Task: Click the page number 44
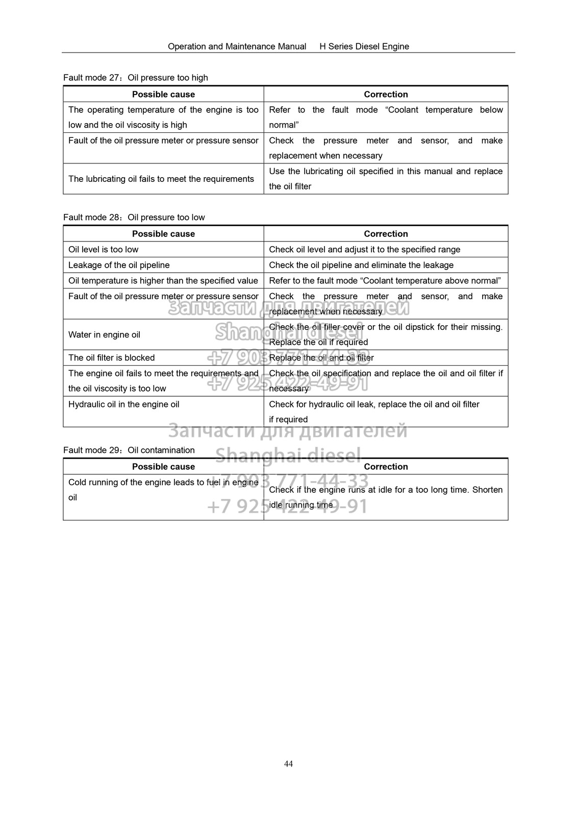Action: (x=288, y=764)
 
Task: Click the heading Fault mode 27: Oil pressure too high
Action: (x=136, y=78)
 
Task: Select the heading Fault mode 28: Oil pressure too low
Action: (x=134, y=218)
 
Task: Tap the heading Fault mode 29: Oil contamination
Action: (x=129, y=450)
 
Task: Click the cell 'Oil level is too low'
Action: (x=104, y=250)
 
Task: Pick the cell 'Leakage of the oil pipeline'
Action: (x=119, y=265)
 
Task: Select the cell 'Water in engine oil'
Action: (x=105, y=335)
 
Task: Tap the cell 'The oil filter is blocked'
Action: (x=112, y=358)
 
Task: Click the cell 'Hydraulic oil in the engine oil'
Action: (x=124, y=404)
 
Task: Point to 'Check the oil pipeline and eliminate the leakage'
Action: (x=361, y=265)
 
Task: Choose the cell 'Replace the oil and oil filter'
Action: (x=321, y=358)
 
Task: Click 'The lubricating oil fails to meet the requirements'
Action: (x=161, y=179)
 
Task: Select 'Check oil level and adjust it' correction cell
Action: (x=365, y=250)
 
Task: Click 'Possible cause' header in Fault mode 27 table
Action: (x=163, y=94)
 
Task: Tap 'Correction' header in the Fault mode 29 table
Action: (x=386, y=467)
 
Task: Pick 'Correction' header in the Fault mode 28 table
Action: (x=386, y=234)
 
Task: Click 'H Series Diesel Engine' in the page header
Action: (x=364, y=46)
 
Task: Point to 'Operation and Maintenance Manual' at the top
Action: (x=237, y=46)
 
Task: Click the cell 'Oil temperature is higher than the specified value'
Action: (x=163, y=281)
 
